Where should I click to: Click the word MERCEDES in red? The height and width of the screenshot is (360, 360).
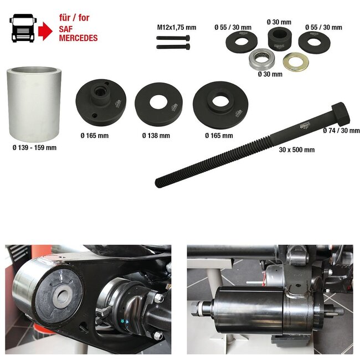78,38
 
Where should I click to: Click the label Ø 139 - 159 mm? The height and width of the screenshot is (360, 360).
34,148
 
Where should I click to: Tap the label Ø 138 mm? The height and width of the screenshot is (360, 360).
156,136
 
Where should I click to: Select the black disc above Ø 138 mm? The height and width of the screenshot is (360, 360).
158,104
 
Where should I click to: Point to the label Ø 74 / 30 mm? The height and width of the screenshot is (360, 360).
341,131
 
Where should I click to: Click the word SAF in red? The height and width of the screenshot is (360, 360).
66,29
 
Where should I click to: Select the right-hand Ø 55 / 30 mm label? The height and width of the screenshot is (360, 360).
323,27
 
